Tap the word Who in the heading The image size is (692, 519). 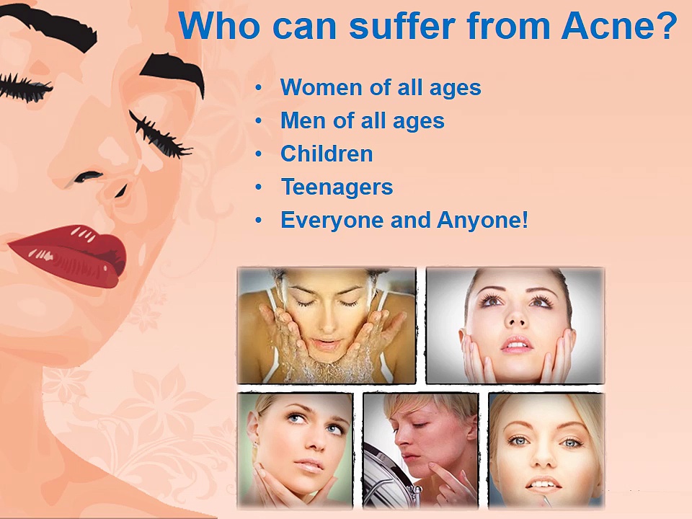click(219, 26)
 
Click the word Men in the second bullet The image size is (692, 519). click(303, 120)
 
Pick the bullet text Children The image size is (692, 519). click(327, 154)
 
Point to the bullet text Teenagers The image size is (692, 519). click(337, 187)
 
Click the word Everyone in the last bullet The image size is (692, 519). click(332, 220)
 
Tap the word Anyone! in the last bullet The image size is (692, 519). click(482, 220)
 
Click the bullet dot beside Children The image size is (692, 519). click(259, 154)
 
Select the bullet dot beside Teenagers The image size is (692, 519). click(259, 187)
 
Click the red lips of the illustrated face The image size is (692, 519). click(71, 255)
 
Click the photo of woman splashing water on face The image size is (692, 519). click(327, 325)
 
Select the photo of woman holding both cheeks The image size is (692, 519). click(515, 325)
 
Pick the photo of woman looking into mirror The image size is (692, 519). click(420, 451)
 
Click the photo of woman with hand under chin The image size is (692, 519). click(296, 451)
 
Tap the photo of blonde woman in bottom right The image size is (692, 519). click(546, 451)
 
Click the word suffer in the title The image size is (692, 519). click(402, 26)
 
